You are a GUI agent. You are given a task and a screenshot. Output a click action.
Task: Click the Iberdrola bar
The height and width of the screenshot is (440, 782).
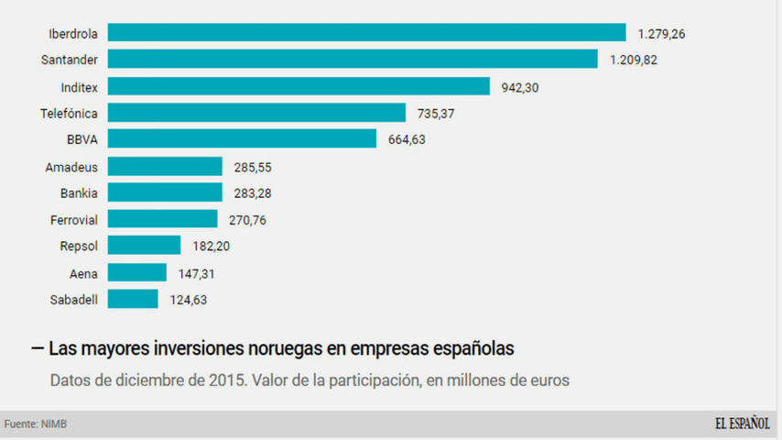click(x=366, y=33)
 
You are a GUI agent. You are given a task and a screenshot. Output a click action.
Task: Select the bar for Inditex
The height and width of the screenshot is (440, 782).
click(x=299, y=86)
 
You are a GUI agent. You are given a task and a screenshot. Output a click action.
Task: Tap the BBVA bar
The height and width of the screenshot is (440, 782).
click(x=242, y=138)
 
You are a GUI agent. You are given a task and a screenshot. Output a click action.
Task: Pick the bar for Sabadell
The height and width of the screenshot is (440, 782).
click(x=133, y=299)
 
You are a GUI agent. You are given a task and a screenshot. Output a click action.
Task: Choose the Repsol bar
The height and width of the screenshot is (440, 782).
click(x=144, y=245)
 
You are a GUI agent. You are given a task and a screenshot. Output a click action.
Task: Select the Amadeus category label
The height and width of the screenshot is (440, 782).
click(x=71, y=167)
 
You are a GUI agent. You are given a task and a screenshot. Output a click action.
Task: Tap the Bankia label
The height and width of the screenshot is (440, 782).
click(x=79, y=193)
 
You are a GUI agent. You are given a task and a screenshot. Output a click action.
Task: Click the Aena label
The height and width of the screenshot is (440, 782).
click(x=83, y=273)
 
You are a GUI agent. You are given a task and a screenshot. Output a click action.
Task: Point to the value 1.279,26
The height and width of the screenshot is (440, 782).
click(x=662, y=34)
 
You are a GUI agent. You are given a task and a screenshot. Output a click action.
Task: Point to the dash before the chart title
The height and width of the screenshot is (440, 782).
click(x=37, y=348)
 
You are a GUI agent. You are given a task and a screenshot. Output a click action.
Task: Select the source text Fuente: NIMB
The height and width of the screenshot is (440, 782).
click(x=36, y=424)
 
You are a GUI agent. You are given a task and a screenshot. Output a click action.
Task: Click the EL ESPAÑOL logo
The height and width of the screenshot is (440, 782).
click(x=742, y=423)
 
